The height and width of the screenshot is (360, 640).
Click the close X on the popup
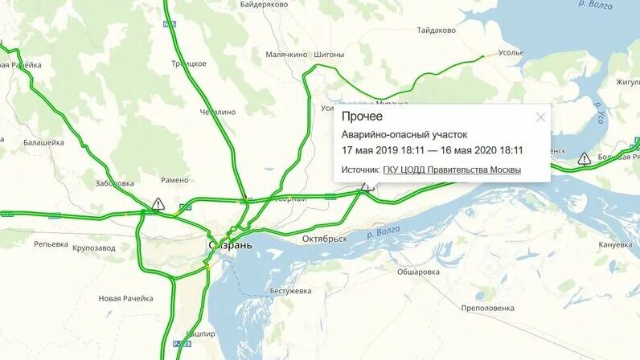click(540, 117)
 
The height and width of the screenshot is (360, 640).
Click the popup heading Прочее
click(363, 117)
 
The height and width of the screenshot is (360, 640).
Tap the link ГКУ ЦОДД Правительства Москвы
click(452, 170)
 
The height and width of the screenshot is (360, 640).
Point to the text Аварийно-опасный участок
click(404, 135)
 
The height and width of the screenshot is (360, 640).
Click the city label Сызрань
click(230, 244)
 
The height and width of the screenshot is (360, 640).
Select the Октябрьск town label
click(324, 239)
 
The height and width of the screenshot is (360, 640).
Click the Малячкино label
click(286, 55)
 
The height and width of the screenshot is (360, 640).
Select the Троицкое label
click(189, 63)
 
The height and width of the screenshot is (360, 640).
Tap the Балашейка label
click(43, 142)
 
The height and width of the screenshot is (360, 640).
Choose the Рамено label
click(174, 180)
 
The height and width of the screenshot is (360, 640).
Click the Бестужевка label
click(290, 290)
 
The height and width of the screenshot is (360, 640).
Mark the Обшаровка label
click(418, 272)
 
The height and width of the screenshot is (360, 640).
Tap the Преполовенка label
click(487, 308)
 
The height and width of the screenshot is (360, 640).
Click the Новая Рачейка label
click(125, 298)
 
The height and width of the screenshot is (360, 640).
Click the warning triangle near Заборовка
click(158, 204)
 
